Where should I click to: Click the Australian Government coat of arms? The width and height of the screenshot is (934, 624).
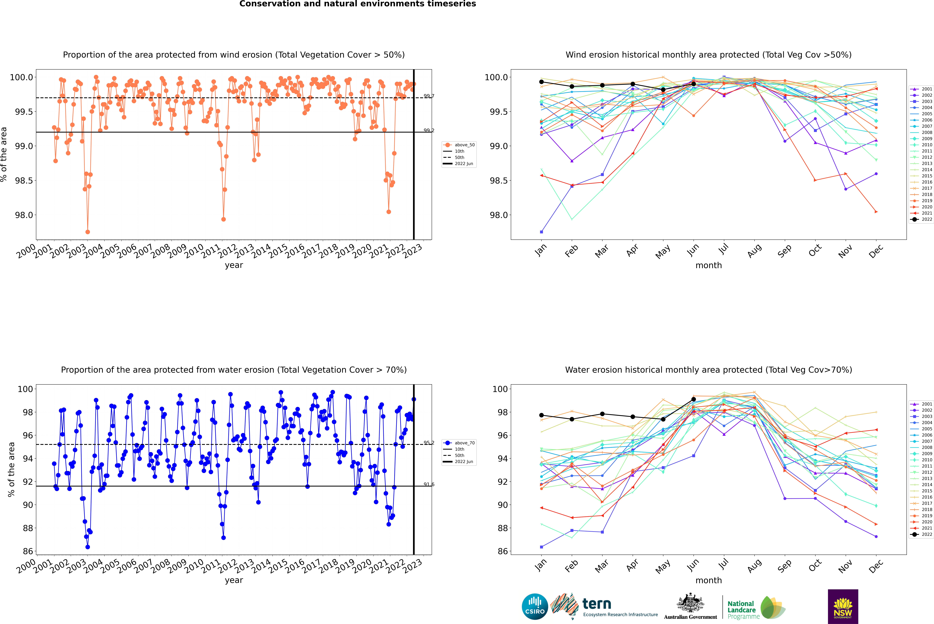[690, 603]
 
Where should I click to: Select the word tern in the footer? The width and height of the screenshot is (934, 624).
[596, 604]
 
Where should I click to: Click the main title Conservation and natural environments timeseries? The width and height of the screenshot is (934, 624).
[357, 4]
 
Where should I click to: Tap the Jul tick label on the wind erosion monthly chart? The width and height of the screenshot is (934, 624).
[723, 249]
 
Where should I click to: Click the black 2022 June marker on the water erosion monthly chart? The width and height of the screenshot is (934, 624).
[694, 399]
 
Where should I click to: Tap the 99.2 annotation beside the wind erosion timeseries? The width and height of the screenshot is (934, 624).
[429, 131]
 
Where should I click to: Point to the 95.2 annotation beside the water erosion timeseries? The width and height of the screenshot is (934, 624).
[429, 443]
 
